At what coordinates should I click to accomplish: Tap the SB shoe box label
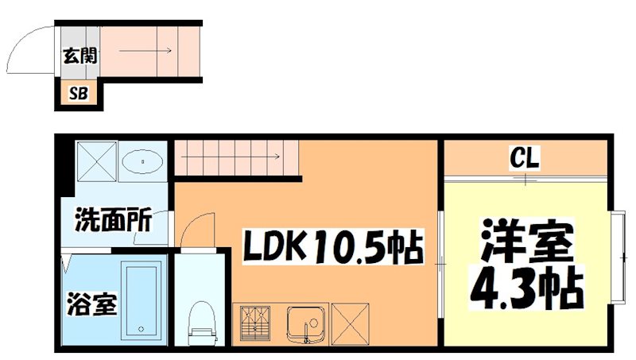pos(78,93)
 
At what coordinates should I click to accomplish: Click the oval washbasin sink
pos(143,161)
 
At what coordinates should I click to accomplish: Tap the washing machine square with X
pos(97,161)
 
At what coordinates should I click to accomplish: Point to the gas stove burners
pos(256,323)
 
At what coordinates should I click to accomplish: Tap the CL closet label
pos(525,159)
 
